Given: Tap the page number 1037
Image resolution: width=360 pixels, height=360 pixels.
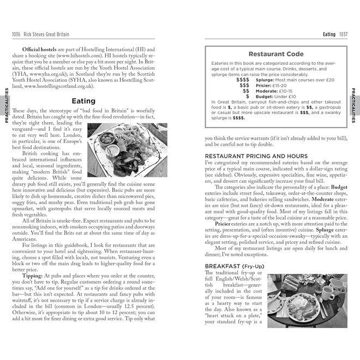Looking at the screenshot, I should [344, 35].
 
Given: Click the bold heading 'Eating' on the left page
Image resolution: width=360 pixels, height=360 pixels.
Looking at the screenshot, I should [83, 101].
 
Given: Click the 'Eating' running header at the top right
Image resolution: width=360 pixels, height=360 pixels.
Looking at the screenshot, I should [329, 35].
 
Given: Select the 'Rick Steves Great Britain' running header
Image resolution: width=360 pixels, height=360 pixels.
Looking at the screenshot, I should [46, 35].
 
